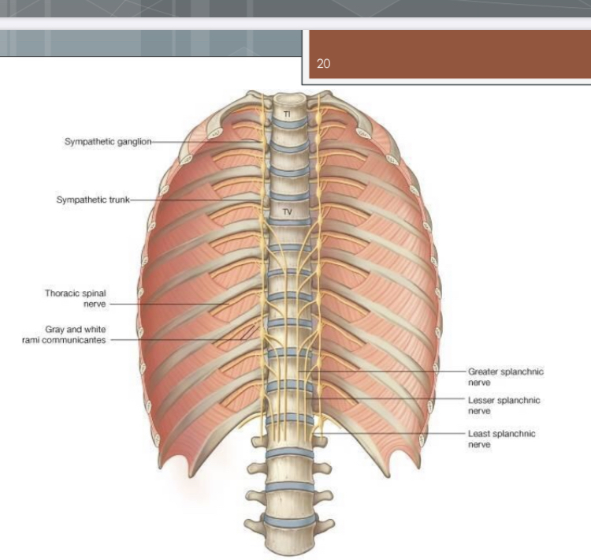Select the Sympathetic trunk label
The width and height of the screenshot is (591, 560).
tap(92, 200)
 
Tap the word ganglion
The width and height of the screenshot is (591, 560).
tap(131, 142)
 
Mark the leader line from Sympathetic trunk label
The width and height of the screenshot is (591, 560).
tap(197, 200)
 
